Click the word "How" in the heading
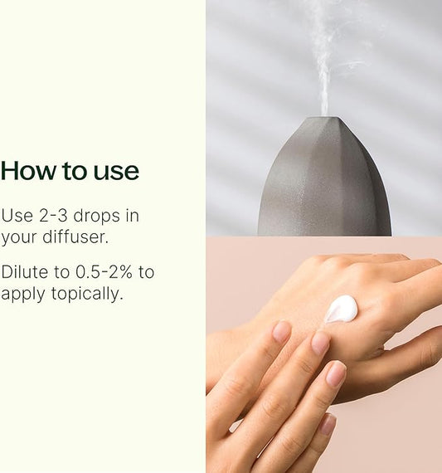(x=27, y=171)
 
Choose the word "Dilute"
(x=24, y=272)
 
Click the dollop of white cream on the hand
(x=341, y=309)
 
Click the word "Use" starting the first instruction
(x=16, y=216)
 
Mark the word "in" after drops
(x=131, y=216)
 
